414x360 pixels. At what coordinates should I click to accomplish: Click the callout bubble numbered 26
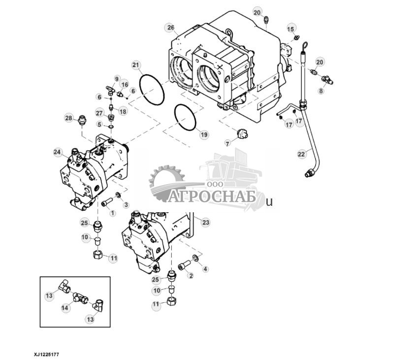170,27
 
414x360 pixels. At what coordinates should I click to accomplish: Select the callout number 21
136,65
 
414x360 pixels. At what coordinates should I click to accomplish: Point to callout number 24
58,153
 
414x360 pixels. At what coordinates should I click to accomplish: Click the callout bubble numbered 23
205,223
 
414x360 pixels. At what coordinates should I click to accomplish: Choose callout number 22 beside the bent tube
301,154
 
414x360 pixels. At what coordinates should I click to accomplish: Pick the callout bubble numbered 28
69,118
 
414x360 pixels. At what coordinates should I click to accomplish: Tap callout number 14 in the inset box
64,307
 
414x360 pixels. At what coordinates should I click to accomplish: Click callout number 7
227,143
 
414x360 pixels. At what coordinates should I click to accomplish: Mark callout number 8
321,91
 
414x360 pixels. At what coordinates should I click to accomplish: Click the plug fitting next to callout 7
242,134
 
